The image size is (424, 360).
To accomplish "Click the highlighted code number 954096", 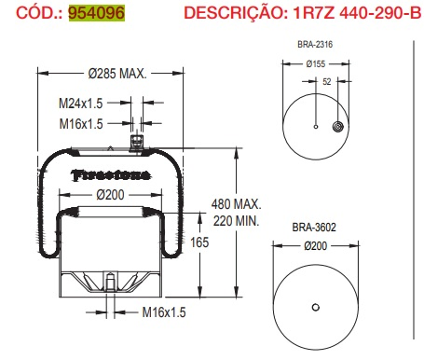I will (x=96, y=13).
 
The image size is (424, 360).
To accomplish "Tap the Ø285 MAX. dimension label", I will (x=116, y=75).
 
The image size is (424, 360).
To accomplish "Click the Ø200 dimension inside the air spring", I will (x=113, y=194).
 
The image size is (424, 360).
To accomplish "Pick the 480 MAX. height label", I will (x=236, y=204).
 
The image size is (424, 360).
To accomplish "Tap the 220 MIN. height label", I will (x=235, y=220).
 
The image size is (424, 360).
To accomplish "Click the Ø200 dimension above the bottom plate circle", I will (x=315, y=245).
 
